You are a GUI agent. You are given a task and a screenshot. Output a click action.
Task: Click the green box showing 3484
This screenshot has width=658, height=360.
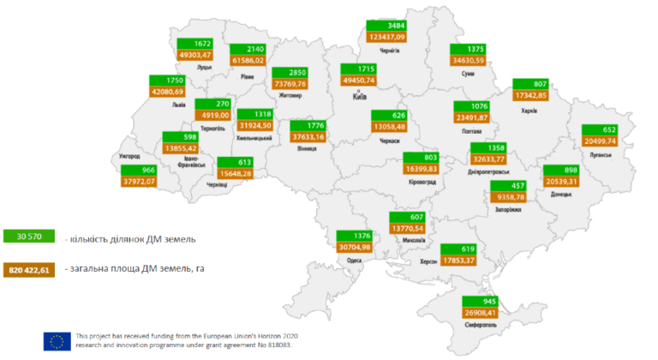click(385, 25)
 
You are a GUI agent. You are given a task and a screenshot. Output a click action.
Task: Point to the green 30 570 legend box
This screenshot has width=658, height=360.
click(29, 237)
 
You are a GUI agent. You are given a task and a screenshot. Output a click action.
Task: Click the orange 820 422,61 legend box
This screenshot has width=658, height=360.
click(29, 270)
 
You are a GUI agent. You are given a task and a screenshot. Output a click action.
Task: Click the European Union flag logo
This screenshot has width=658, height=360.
click(57, 340)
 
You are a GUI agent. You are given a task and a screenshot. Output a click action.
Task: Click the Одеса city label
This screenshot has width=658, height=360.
click(354, 259)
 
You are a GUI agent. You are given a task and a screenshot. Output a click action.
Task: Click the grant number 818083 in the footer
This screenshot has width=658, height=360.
click(283, 345)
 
